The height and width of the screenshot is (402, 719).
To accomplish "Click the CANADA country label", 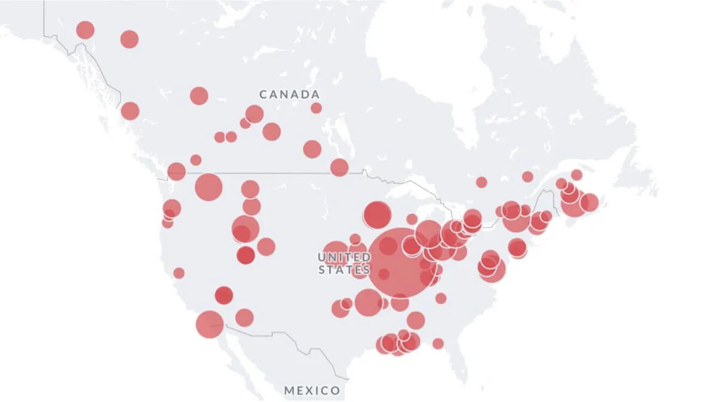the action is pyautogui.click(x=289, y=95).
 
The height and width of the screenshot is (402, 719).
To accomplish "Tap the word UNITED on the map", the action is pyautogui.click(x=344, y=257).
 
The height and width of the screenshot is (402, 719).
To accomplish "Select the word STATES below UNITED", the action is pyautogui.click(x=344, y=270).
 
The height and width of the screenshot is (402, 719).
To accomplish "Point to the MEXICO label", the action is pyautogui.click(x=312, y=391).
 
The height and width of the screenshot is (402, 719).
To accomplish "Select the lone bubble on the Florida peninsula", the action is pyautogui.click(x=438, y=343).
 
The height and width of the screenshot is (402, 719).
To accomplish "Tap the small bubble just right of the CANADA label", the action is pyautogui.click(x=316, y=108).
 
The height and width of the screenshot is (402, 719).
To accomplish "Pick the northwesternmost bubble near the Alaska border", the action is pyautogui.click(x=85, y=29).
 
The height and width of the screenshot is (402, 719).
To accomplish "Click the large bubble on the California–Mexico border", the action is pyautogui.click(x=209, y=324).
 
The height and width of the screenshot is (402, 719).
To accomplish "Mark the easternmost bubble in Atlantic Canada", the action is pyautogui.click(x=589, y=202).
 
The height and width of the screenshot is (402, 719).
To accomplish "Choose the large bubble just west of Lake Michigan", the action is pyautogui.click(x=377, y=215).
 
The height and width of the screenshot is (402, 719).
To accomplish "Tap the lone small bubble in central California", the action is pyautogui.click(x=179, y=273).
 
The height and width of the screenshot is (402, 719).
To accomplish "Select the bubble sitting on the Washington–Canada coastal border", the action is pyautogui.click(x=176, y=171).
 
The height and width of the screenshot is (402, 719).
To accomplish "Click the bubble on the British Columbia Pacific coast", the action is pyautogui.click(x=130, y=111).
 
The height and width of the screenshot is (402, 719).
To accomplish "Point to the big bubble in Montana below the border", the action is pyautogui.click(x=209, y=187).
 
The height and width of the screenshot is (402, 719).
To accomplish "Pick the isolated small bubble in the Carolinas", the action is pyautogui.click(x=441, y=298).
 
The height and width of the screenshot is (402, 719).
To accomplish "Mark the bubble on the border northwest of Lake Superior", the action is pyautogui.click(x=339, y=167).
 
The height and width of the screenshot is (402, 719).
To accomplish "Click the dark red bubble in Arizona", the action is pyautogui.click(x=223, y=295).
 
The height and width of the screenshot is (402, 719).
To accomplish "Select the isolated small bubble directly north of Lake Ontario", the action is pyautogui.click(x=482, y=182).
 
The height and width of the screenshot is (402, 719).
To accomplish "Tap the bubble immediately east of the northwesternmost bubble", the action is pyautogui.click(x=129, y=40).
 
